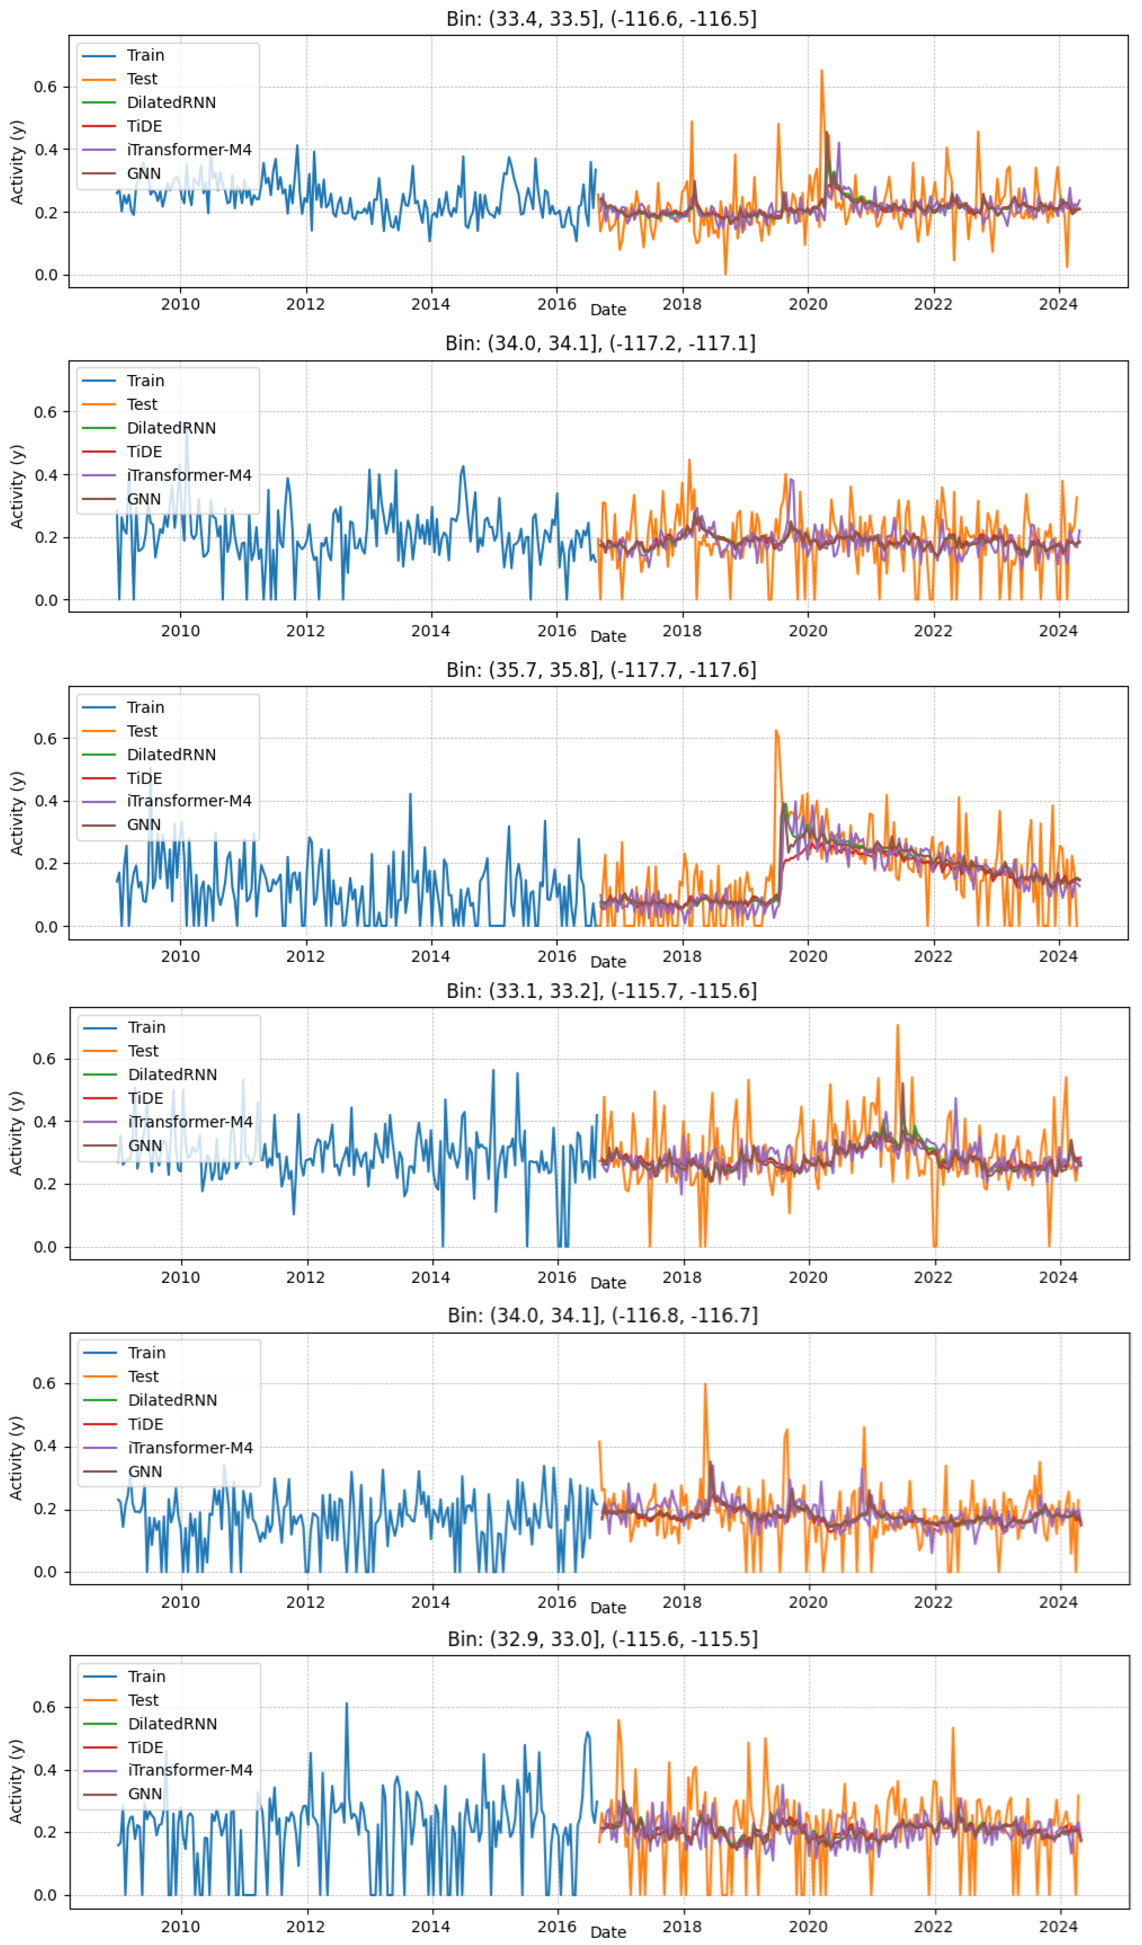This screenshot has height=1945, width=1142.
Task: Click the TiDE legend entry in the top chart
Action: (144, 126)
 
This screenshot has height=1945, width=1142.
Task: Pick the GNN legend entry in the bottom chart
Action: (145, 1793)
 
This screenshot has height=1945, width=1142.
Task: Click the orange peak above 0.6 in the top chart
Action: (821, 71)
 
